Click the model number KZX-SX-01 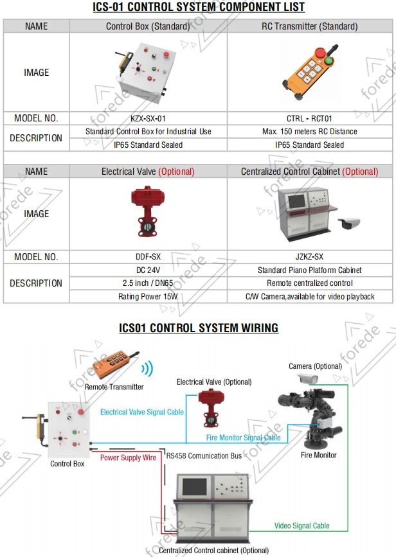pyautogui.click(x=148, y=118)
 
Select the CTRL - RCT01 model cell pyautogui.click(x=309, y=118)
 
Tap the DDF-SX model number pyautogui.click(x=148, y=256)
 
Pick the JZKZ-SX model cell pyautogui.click(x=309, y=256)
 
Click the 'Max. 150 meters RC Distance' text pyautogui.click(x=309, y=132)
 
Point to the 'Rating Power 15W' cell pyautogui.click(x=148, y=297)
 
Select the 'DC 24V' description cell pyautogui.click(x=148, y=270)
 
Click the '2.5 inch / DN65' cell pyautogui.click(x=148, y=283)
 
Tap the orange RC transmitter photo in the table pyautogui.click(x=309, y=72)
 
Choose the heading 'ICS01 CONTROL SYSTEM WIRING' pyautogui.click(x=198, y=328)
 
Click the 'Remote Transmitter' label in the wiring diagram pyautogui.click(x=114, y=387)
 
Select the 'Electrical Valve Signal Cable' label pyautogui.click(x=142, y=412)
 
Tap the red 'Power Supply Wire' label pyautogui.click(x=129, y=457)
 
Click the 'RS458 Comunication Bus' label pyautogui.click(x=204, y=455)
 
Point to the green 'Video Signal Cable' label pyautogui.click(x=302, y=526)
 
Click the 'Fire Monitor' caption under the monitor pyautogui.click(x=319, y=455)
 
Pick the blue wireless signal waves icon pyautogui.click(x=148, y=368)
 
